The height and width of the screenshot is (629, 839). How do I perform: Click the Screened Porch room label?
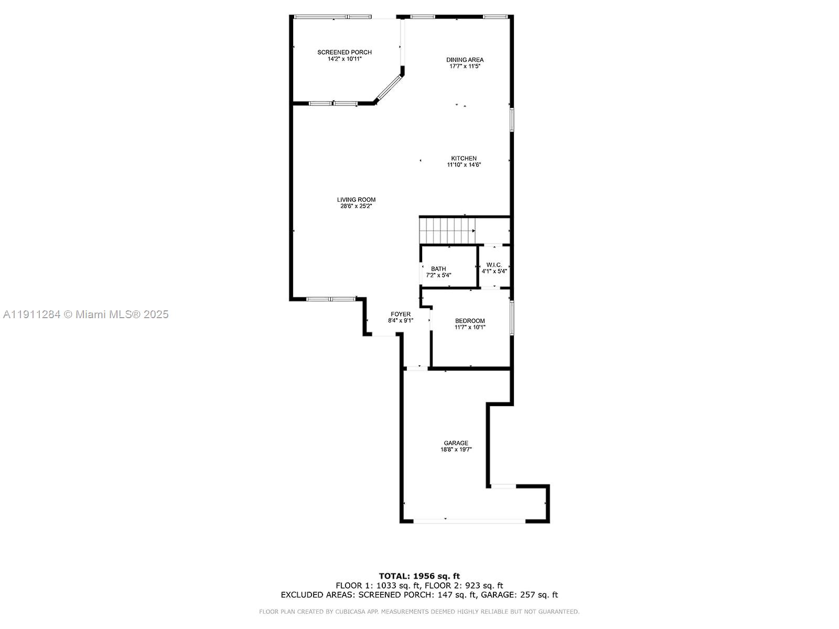tap(345, 52)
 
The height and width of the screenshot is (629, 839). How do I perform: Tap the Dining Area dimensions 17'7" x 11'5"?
tap(465, 67)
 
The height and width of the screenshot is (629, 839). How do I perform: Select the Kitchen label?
tap(464, 158)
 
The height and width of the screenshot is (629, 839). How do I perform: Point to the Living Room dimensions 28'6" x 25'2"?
tap(356, 207)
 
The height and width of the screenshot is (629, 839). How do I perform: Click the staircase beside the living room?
tap(447, 231)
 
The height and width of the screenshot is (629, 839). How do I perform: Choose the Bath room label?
tap(438, 269)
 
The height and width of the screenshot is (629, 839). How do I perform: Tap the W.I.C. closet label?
tap(494, 265)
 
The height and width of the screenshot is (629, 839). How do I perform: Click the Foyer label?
tap(401, 314)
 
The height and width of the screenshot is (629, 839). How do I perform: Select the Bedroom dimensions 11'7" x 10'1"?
tap(470, 327)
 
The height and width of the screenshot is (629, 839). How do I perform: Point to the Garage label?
tap(456, 443)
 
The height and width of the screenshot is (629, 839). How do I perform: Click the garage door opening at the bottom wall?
tap(469, 520)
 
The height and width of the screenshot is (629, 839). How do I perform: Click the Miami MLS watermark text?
tap(85, 314)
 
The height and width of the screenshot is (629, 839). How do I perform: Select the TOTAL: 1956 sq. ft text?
tap(419, 576)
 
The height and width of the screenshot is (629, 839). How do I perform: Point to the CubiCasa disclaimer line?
tap(419, 612)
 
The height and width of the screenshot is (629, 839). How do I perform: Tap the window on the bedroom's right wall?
tap(512, 317)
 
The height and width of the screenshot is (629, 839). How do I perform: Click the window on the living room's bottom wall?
tap(331, 299)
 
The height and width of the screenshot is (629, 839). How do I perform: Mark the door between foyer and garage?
tap(417, 369)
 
